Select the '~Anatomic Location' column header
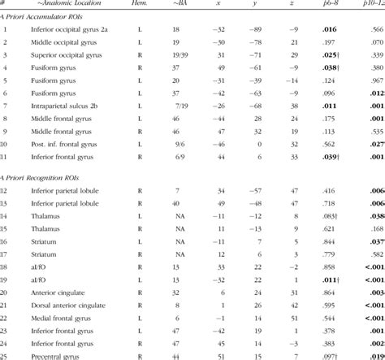click(58, 5)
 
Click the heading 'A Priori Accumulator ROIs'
click(49, 35)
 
